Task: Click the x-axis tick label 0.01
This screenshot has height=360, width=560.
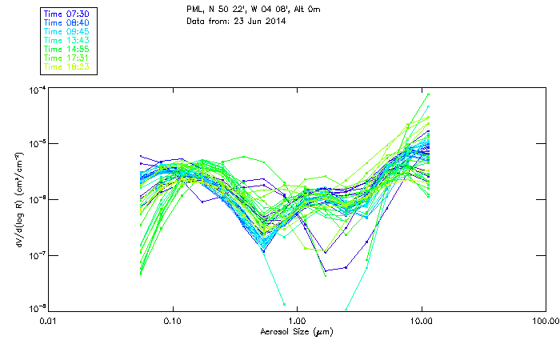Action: (49, 322)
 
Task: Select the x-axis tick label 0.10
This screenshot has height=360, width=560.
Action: (173, 322)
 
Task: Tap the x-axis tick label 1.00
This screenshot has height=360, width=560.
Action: (298, 322)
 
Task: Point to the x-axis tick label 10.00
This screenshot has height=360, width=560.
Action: (422, 322)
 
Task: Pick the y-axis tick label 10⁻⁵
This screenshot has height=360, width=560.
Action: (36, 144)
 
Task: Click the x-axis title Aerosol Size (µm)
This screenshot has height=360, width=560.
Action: (297, 331)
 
